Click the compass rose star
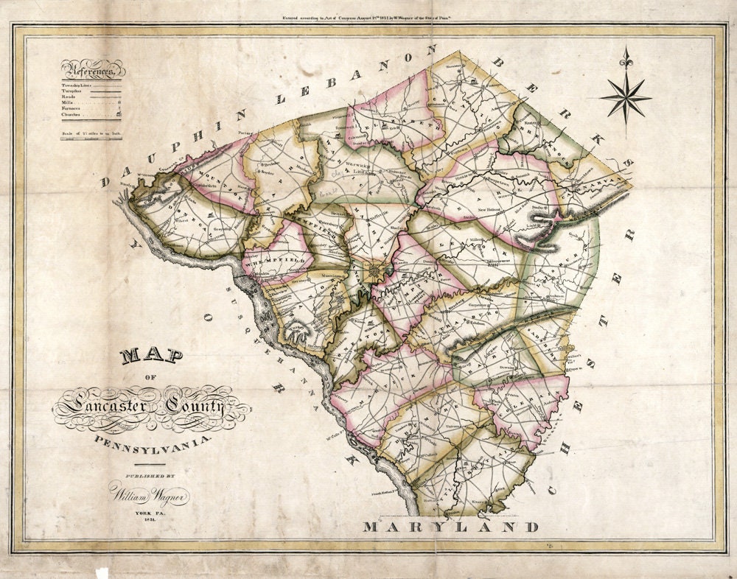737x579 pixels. tap(626, 97)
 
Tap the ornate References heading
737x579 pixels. tap(92, 71)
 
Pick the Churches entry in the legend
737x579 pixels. tap(74, 115)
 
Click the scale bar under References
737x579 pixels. tap(92, 138)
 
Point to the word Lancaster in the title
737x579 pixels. tap(99, 404)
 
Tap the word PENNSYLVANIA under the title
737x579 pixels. tap(153, 441)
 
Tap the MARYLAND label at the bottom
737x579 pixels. tap(450, 527)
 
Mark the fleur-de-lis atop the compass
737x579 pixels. tap(626, 57)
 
